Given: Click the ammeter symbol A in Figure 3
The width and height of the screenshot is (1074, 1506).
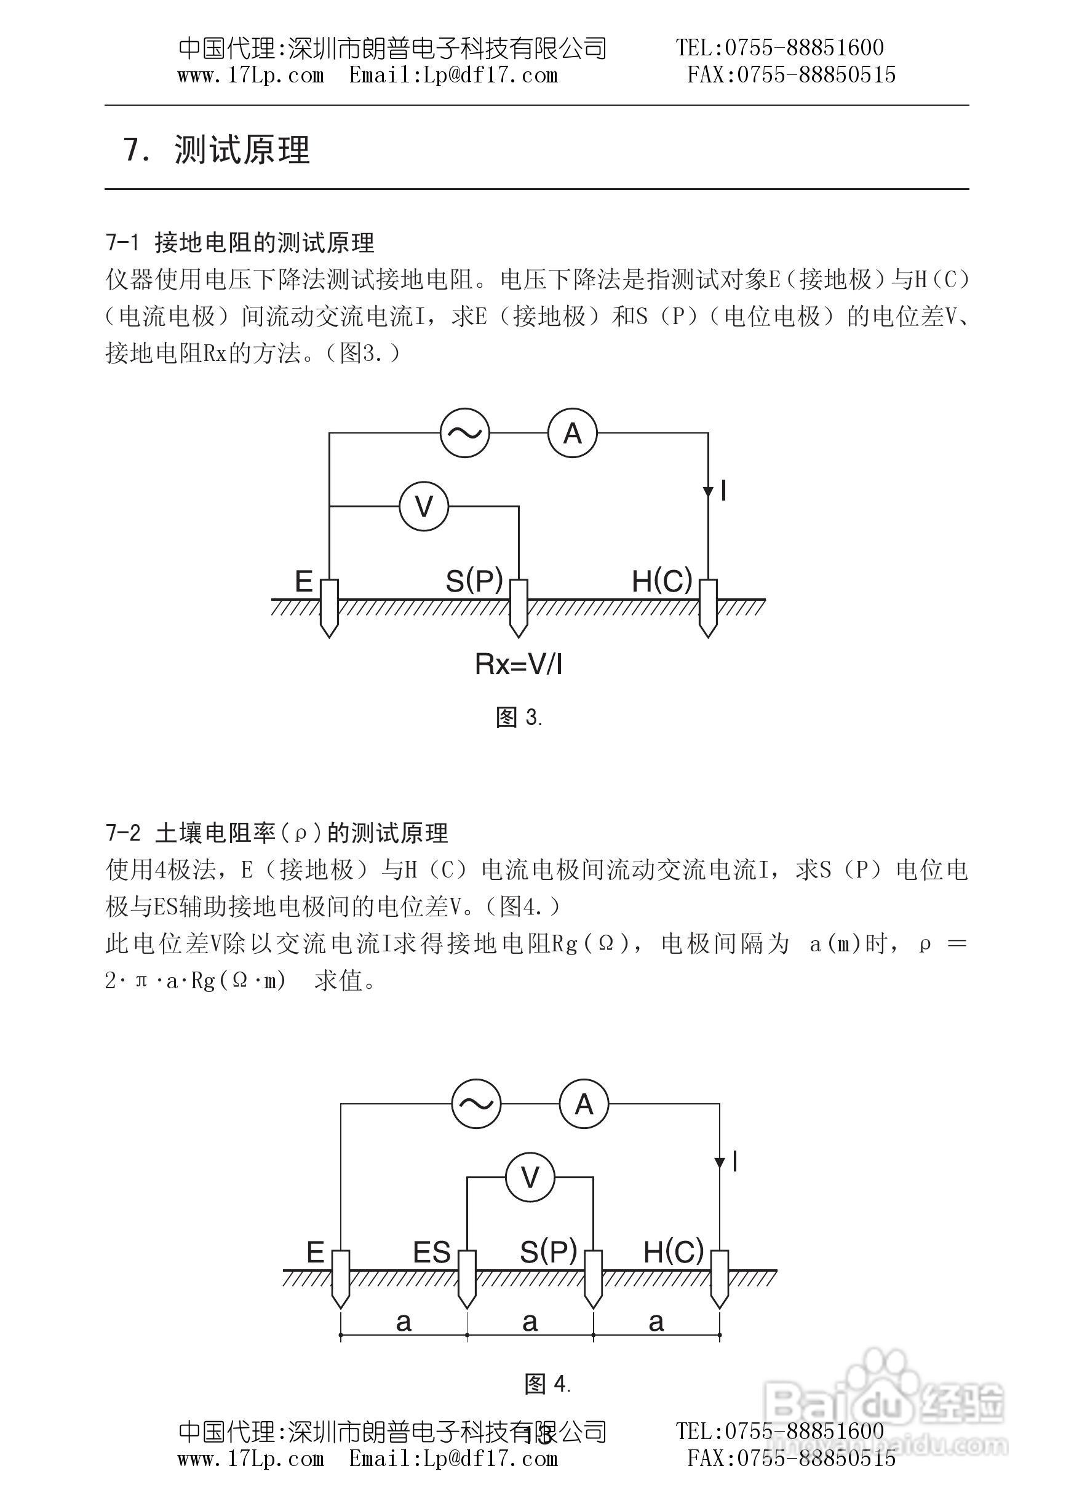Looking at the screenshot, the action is (572, 433).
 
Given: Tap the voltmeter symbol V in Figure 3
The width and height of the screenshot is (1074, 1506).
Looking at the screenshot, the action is (424, 507).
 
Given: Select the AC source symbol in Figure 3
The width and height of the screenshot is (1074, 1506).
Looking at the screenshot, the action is (465, 433).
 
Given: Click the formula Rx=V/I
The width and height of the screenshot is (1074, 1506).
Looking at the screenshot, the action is (519, 664).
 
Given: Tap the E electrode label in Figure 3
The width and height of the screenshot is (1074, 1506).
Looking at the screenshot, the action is (303, 582).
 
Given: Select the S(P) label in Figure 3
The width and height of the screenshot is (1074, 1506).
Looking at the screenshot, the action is (474, 582).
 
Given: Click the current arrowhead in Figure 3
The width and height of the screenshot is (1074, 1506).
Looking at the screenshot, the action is (707, 492).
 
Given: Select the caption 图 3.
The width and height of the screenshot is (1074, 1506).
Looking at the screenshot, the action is (519, 717).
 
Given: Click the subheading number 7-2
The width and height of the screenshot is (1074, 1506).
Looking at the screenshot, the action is (124, 833).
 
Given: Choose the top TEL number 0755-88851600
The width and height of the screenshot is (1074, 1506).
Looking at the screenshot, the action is (805, 47).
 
